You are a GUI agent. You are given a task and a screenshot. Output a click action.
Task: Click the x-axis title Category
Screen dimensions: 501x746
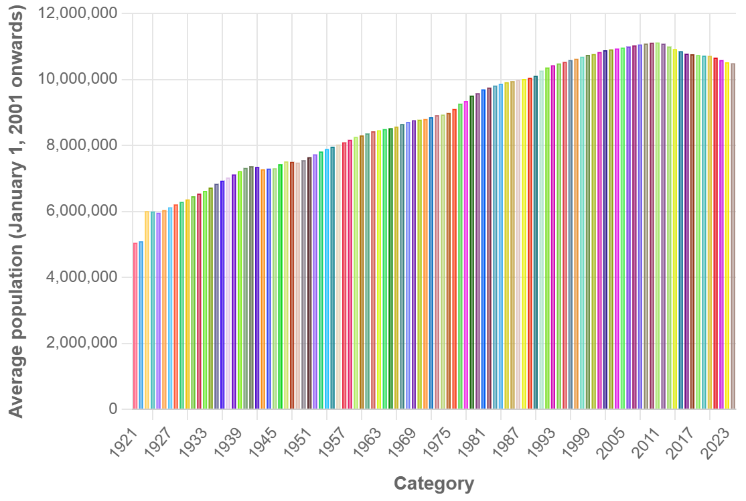click(434, 484)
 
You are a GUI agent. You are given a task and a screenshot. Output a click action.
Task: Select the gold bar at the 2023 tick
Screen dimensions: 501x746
click(727, 235)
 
